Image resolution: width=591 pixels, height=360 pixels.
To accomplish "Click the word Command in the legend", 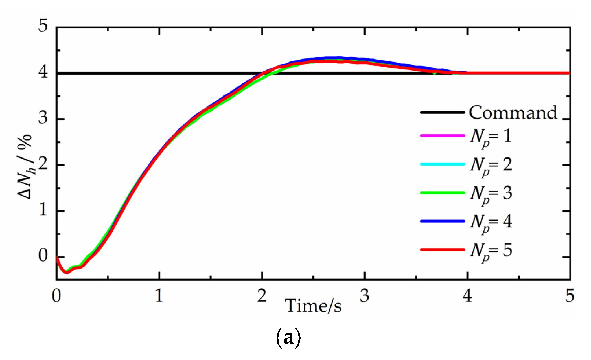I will click(x=513, y=113).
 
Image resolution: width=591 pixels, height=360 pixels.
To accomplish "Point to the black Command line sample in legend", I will click(x=442, y=112).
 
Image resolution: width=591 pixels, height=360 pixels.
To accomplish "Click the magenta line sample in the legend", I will click(x=442, y=136).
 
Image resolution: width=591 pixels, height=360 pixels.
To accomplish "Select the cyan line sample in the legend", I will click(x=442, y=164).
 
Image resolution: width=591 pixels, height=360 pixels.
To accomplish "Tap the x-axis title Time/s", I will click(x=314, y=306).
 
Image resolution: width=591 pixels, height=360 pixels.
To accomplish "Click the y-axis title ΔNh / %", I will click(x=25, y=167).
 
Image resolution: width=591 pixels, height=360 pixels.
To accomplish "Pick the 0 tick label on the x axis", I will click(x=56, y=296).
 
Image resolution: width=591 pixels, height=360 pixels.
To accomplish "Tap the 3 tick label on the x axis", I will click(x=365, y=296).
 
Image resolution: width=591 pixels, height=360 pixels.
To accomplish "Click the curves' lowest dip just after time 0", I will click(x=67, y=272).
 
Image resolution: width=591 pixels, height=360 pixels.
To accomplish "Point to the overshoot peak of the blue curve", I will click(x=333, y=58).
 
